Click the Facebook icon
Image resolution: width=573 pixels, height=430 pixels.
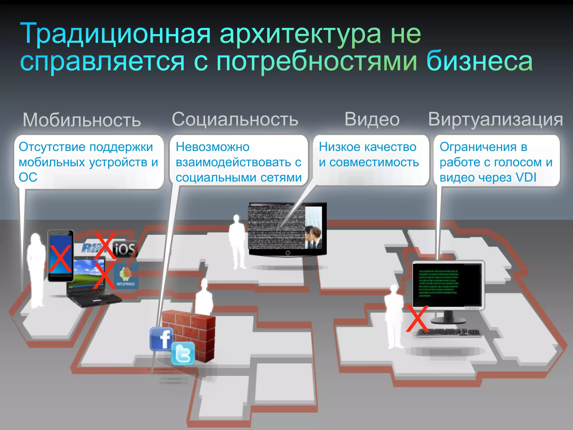click(162, 339)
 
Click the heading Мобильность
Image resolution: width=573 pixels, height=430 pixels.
click(82, 120)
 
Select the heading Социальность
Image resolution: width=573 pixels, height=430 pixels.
click(235, 119)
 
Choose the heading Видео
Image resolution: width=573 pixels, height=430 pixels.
click(372, 119)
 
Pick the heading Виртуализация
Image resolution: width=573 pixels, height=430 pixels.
click(495, 119)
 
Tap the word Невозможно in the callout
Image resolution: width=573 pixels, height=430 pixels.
click(213, 147)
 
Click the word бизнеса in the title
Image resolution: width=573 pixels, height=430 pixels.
click(480, 61)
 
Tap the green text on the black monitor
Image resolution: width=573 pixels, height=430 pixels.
click(438, 283)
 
